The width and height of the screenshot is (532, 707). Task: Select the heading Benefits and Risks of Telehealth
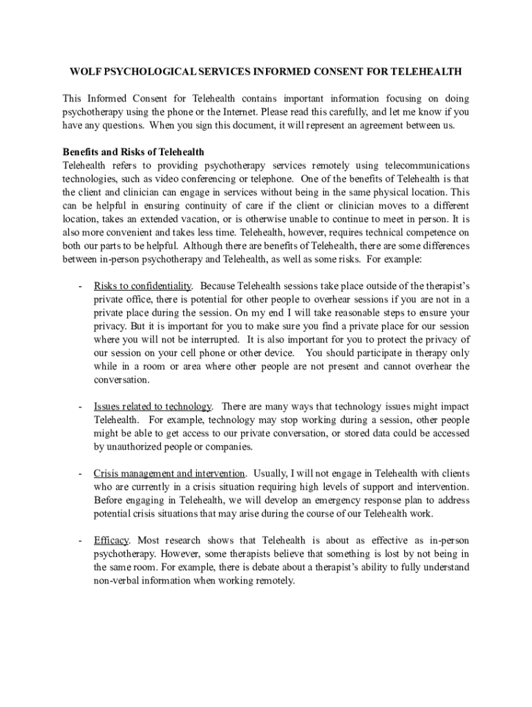tap(133, 152)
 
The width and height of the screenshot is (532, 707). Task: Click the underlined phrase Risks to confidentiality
tap(142, 285)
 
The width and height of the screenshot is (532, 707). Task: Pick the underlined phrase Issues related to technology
tap(153, 406)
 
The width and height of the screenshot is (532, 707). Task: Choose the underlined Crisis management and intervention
tap(169, 473)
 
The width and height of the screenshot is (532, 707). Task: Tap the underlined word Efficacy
tap(111, 540)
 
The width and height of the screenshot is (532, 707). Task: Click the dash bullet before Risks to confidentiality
tap(81, 285)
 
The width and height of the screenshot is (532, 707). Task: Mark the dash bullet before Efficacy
tap(81, 540)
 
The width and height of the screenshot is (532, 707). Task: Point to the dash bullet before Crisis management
tap(81, 473)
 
